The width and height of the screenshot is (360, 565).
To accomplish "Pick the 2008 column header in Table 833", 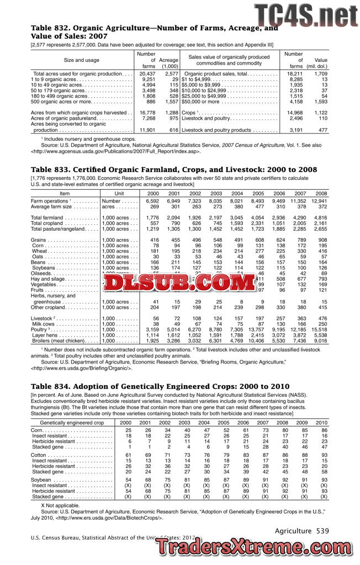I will (x=321, y=194).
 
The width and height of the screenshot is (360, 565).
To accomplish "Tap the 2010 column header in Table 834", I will (x=321, y=422).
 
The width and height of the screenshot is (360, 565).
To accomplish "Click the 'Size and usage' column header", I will (x=82, y=60).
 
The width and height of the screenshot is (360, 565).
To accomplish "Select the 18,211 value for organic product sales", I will (x=295, y=73).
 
